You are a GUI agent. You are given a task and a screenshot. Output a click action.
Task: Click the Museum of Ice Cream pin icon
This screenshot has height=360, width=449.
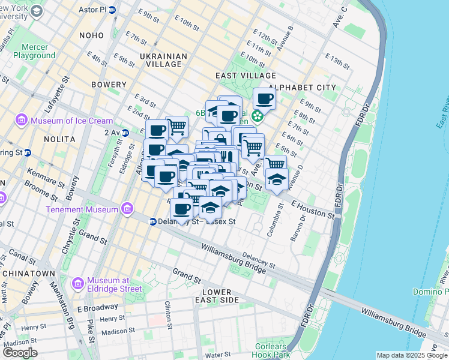point(22,121)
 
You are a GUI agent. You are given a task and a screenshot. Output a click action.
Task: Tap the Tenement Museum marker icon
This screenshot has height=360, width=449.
point(126,209)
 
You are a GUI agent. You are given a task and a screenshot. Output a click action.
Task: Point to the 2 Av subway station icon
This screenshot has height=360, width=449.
point(125,132)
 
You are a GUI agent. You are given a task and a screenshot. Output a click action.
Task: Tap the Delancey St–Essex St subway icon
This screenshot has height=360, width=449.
point(153,221)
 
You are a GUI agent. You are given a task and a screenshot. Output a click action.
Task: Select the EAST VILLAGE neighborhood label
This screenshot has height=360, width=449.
point(246,76)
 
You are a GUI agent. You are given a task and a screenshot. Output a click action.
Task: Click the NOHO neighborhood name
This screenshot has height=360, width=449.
point(92,35)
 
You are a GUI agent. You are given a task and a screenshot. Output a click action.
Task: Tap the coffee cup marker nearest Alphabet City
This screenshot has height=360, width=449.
point(264,98)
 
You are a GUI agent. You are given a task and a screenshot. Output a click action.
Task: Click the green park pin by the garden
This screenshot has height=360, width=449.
point(258,115)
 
